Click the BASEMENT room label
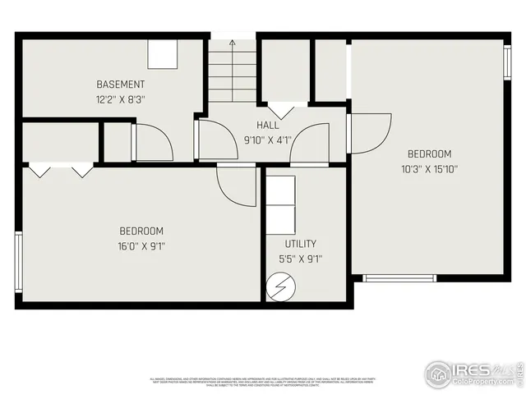[121, 85]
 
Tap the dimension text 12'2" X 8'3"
[121, 98]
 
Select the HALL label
[268, 126]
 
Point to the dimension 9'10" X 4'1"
[268, 140]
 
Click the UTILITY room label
[301, 244]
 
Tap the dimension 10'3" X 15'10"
[430, 169]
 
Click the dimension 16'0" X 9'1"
[141, 245]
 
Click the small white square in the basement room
[162, 55]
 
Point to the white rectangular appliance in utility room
[280, 203]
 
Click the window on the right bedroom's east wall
[507, 62]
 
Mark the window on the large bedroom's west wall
[18, 262]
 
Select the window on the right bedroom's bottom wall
[399, 278]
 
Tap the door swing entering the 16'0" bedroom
[236, 185]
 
